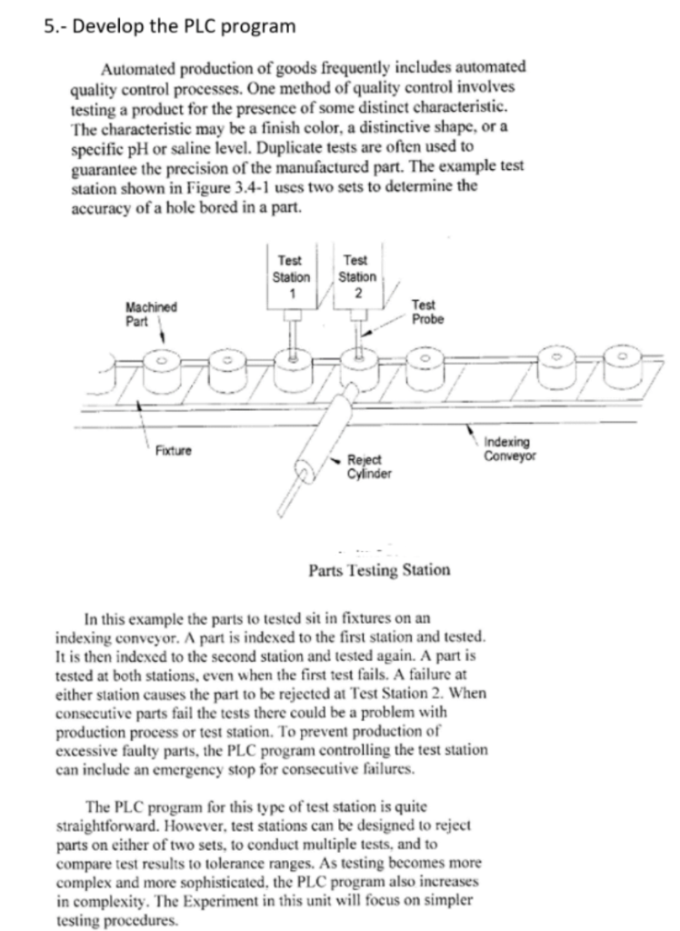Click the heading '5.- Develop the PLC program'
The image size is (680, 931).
pos(170,25)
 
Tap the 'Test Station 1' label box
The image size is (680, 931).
pos(292,270)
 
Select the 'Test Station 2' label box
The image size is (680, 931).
pos(356,270)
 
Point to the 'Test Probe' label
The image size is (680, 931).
pos(424,313)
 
